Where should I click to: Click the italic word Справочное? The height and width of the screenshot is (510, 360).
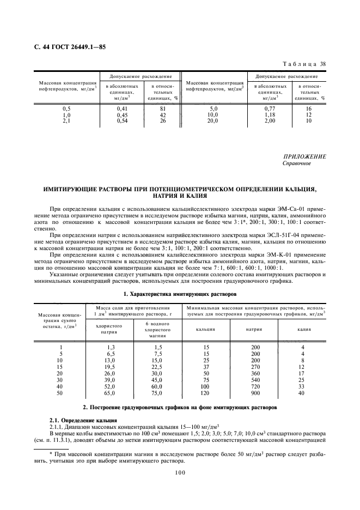pos(297,163)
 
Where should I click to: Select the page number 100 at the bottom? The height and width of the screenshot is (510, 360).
pos(180,473)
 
